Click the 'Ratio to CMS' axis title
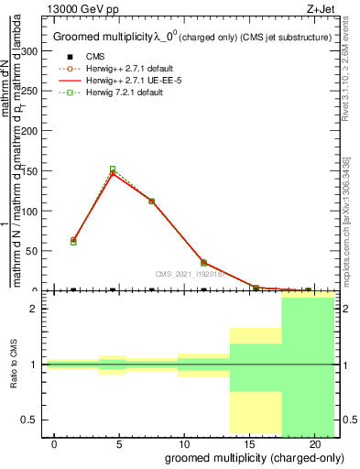(x=15, y=365)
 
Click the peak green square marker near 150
(x=112, y=169)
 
